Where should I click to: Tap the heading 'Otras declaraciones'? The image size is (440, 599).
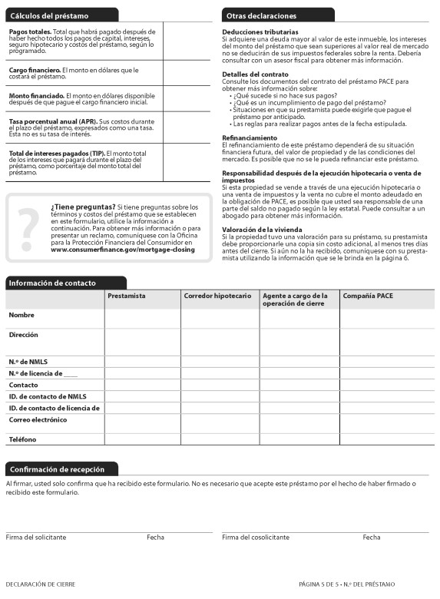click(x=261, y=15)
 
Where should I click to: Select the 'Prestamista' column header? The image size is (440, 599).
click(x=127, y=296)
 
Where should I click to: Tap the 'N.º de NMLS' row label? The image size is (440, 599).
click(x=29, y=361)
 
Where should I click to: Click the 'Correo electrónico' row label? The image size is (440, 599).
click(x=38, y=420)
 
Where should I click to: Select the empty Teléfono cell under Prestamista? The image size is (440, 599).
click(x=142, y=439)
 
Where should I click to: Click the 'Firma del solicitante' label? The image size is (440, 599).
click(x=35, y=537)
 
